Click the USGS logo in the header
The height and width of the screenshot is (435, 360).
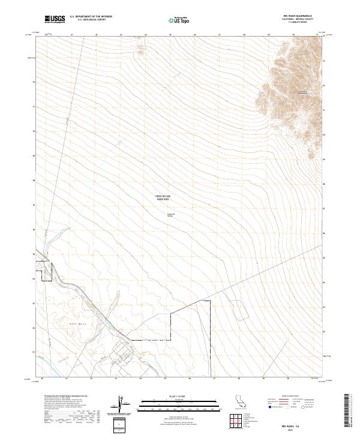pos(55,19)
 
